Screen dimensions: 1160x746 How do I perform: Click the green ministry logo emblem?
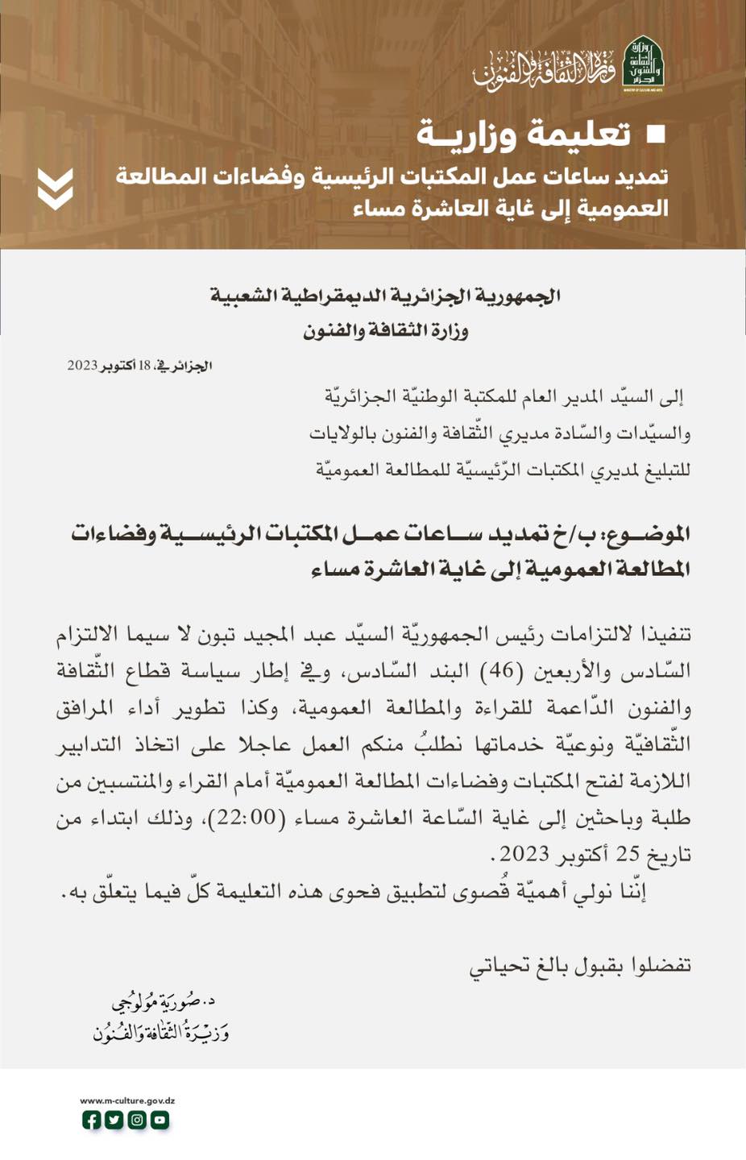pyautogui.click(x=644, y=64)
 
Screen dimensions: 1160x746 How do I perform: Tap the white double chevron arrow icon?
pyautogui.click(x=56, y=189)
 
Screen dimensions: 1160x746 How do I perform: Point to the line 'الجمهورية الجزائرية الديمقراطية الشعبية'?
pyautogui.click(x=385, y=296)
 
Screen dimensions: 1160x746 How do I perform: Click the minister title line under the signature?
pyautogui.click(x=160, y=1031)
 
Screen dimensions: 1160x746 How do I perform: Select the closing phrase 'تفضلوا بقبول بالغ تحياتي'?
pyautogui.click(x=580, y=965)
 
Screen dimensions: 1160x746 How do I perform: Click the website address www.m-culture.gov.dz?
pyautogui.click(x=127, y=1100)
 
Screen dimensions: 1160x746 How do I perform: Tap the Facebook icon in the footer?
pyautogui.click(x=92, y=1120)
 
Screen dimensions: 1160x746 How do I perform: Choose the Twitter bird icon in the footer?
pyautogui.click(x=114, y=1120)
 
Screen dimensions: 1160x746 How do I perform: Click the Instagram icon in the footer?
pyautogui.click(x=137, y=1120)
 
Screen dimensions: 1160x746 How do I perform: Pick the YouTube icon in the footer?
pyautogui.click(x=160, y=1120)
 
